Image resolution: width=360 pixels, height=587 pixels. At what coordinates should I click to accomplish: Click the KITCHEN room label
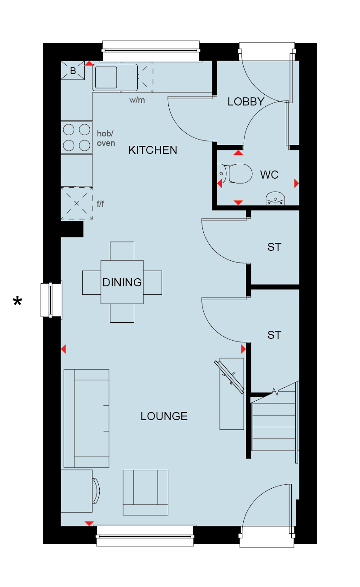pyautogui.click(x=153, y=150)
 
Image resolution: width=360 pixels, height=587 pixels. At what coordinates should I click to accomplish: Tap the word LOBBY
pyautogui.click(x=246, y=102)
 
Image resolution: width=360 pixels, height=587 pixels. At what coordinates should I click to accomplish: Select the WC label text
pyautogui.click(x=269, y=175)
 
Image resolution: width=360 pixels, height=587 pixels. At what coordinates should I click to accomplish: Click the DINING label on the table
pyautogui.click(x=122, y=282)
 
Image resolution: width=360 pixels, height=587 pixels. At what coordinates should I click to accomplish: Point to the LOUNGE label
pyautogui.click(x=164, y=416)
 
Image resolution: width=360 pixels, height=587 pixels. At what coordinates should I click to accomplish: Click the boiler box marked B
pyautogui.click(x=73, y=70)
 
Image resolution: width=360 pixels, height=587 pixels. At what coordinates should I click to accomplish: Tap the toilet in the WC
pyautogui.click(x=235, y=174)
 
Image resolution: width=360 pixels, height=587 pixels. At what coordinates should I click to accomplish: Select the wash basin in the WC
pyautogui.click(x=275, y=198)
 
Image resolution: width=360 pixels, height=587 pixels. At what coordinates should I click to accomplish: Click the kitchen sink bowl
pyautogui.click(x=106, y=77)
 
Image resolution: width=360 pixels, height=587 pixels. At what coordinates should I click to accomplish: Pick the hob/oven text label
pyautogui.click(x=106, y=138)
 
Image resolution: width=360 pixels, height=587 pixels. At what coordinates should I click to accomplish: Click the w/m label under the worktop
pyautogui.click(x=137, y=100)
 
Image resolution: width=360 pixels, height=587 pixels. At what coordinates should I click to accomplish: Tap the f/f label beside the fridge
pyautogui.click(x=101, y=204)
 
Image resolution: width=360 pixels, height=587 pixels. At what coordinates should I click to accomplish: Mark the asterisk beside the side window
pyautogui.click(x=18, y=301)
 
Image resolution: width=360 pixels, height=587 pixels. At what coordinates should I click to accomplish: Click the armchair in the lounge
pyautogui.click(x=145, y=492)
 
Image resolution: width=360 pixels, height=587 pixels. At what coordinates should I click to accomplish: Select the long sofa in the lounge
pyautogui.click(x=87, y=418)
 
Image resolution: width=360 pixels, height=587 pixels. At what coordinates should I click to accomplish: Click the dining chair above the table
pyautogui.click(x=122, y=251)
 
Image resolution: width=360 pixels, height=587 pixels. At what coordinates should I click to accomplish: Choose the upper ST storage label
pyautogui.click(x=274, y=247)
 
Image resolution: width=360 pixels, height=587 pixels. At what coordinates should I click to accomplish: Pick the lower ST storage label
pyautogui.click(x=274, y=335)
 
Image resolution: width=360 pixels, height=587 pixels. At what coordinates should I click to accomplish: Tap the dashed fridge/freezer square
pyautogui.click(x=77, y=203)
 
